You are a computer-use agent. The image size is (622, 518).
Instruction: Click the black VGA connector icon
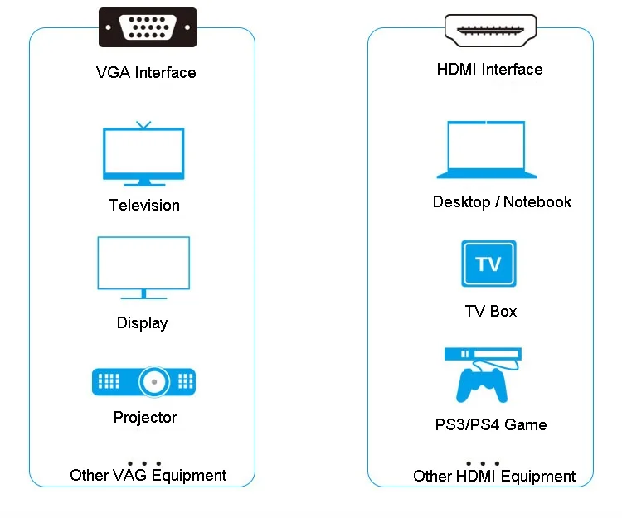coord(148,27)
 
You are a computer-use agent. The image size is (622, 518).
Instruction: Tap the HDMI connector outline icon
coord(490,31)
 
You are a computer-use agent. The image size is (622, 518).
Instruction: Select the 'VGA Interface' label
coord(146,73)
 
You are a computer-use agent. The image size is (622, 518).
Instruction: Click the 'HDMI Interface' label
coord(489,70)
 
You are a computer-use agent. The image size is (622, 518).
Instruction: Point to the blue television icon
coord(143,154)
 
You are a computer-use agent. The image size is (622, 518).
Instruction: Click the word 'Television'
coord(144,206)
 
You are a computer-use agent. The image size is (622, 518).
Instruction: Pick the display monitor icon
coord(143,268)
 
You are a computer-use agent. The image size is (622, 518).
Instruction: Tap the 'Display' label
coord(142,323)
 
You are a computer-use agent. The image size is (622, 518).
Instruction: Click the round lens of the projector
coord(154,382)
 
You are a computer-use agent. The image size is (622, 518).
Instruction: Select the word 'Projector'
coord(145,418)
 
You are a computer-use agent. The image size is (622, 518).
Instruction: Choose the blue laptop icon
coord(487,150)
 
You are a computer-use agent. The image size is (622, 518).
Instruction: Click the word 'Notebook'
coord(537,201)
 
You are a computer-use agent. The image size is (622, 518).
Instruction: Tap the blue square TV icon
coord(488,264)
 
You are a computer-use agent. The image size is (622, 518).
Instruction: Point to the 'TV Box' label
coord(491,311)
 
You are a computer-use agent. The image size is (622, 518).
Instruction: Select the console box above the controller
coord(483,354)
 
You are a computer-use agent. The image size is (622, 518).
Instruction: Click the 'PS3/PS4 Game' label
coord(491,424)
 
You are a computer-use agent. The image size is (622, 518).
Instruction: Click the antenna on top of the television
coord(143,125)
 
